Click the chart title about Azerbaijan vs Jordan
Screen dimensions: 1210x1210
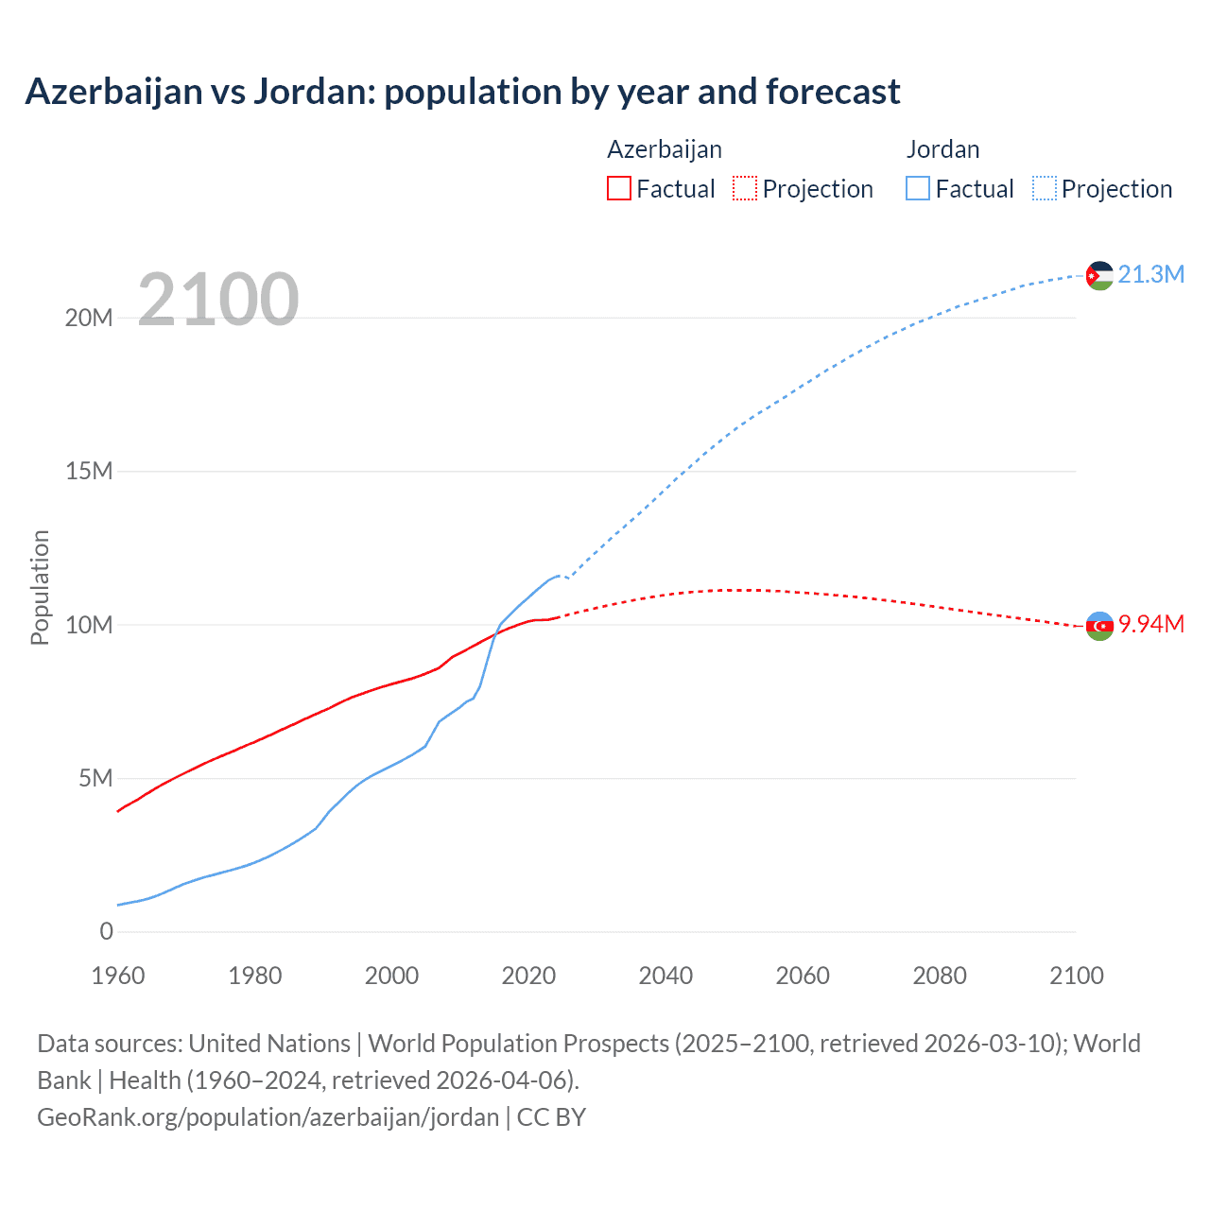(462, 92)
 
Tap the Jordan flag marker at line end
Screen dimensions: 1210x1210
(1098, 275)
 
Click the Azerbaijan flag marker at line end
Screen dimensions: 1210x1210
(1098, 626)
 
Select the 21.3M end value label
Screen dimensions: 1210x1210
(1150, 274)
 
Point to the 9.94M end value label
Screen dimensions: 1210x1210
(1150, 624)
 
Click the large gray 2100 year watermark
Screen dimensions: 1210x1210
(218, 300)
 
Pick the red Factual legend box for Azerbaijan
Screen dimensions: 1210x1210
(618, 188)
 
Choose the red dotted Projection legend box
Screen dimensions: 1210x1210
(745, 188)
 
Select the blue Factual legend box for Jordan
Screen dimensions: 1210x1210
(917, 188)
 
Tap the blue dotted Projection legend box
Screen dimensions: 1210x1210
(1044, 188)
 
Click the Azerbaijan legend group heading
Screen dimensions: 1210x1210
(664, 149)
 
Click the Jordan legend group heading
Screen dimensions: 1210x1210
(942, 149)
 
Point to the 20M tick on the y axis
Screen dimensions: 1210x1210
(89, 318)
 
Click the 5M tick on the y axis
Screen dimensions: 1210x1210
(95, 778)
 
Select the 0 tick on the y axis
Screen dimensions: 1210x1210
(106, 931)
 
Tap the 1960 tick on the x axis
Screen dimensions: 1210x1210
(118, 976)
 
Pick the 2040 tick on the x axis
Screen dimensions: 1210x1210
(665, 976)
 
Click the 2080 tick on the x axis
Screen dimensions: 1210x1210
(940, 976)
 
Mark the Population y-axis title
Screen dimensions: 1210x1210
(40, 587)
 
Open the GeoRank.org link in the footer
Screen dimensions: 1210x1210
(268, 1116)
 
